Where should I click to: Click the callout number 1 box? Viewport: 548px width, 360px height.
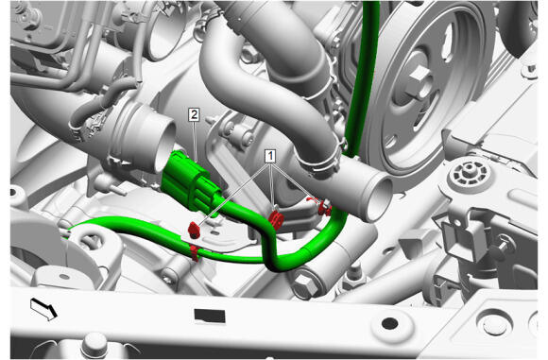point(270,157)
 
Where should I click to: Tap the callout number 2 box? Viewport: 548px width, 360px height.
point(194,115)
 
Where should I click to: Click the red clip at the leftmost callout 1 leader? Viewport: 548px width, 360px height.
point(194,230)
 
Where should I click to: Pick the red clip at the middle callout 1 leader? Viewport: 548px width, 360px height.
point(276,219)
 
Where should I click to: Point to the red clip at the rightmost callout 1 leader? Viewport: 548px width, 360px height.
point(324,207)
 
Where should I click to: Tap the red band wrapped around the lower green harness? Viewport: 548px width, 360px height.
point(195,252)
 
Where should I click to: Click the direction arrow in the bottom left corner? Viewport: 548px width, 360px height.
point(43,309)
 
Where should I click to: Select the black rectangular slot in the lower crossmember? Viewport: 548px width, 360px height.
point(210,316)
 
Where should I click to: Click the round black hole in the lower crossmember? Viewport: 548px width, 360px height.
point(390,323)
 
